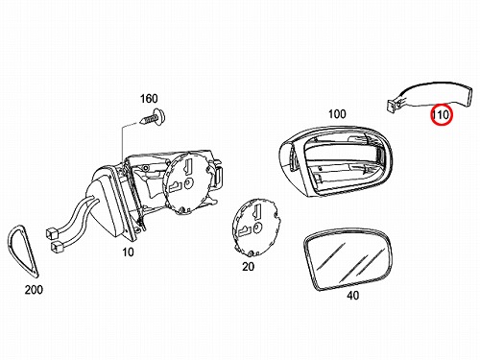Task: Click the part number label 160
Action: click(149, 99)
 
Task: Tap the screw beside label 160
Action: click(152, 117)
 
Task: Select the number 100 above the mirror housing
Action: click(337, 114)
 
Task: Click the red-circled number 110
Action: click(442, 114)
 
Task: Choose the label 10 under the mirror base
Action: click(128, 252)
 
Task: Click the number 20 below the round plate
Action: click(248, 266)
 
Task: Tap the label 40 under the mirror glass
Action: click(352, 296)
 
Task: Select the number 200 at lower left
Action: click(34, 290)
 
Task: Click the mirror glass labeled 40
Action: click(348, 259)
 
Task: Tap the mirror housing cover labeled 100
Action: click(336, 160)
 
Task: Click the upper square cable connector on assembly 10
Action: click(50, 233)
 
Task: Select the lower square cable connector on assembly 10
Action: click(57, 247)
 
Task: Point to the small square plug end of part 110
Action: click(392, 106)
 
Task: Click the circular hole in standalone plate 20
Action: click(257, 228)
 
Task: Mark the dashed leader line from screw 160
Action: click(122, 141)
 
